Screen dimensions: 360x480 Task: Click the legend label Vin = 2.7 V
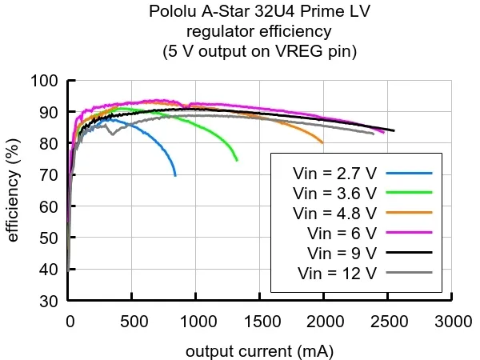pyautogui.click(x=334, y=173)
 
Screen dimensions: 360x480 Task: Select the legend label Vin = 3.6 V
pyautogui.click(x=334, y=193)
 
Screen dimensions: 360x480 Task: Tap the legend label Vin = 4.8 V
pyautogui.click(x=334, y=213)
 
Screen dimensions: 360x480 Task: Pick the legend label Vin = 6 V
pyautogui.click(x=342, y=233)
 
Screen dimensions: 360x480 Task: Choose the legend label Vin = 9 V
pyautogui.click(x=342, y=253)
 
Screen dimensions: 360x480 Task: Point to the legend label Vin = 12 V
pyautogui.click(x=338, y=273)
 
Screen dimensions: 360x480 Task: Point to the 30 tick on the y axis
pyautogui.click(x=50, y=301)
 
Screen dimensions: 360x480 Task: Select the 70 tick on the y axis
pyautogui.click(x=50, y=175)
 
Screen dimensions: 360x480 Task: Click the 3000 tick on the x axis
pyautogui.click(x=453, y=322)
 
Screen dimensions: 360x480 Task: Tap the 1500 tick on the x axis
pyautogui.click(x=261, y=322)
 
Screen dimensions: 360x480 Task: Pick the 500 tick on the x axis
pyautogui.click(x=133, y=322)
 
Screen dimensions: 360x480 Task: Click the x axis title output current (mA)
pyautogui.click(x=260, y=351)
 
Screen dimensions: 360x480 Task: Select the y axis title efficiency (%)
pyautogui.click(x=13, y=190)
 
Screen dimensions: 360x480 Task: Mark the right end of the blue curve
pyautogui.click(x=175, y=175)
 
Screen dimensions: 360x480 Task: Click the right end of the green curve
pyautogui.click(x=237, y=161)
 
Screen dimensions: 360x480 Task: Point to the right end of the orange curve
pyautogui.click(x=323, y=143)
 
